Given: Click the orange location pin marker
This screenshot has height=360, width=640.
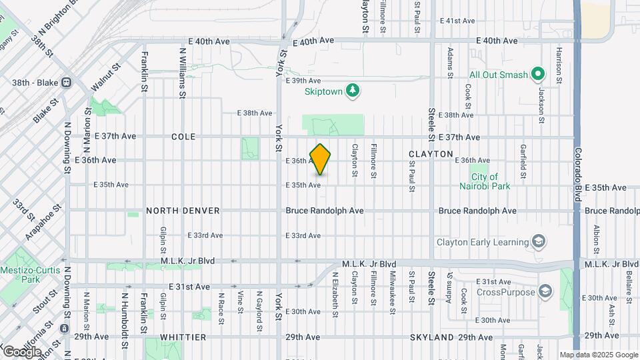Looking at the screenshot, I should tap(321, 159).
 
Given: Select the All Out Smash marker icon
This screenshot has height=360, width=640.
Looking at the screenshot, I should tap(539, 75).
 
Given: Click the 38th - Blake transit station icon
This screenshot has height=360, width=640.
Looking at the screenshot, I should tap(66, 83).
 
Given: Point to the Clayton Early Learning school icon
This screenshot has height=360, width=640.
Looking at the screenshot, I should tap(539, 241).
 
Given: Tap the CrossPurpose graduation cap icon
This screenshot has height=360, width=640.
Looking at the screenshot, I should tap(545, 291).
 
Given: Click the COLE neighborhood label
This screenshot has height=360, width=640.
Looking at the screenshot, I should tap(183, 137).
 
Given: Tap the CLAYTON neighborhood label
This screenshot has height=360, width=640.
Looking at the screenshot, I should tap(431, 154).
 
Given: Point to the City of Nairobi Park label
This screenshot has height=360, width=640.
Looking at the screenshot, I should tap(490, 181).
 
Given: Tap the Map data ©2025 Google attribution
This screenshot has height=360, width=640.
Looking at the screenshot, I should tap(598, 355).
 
